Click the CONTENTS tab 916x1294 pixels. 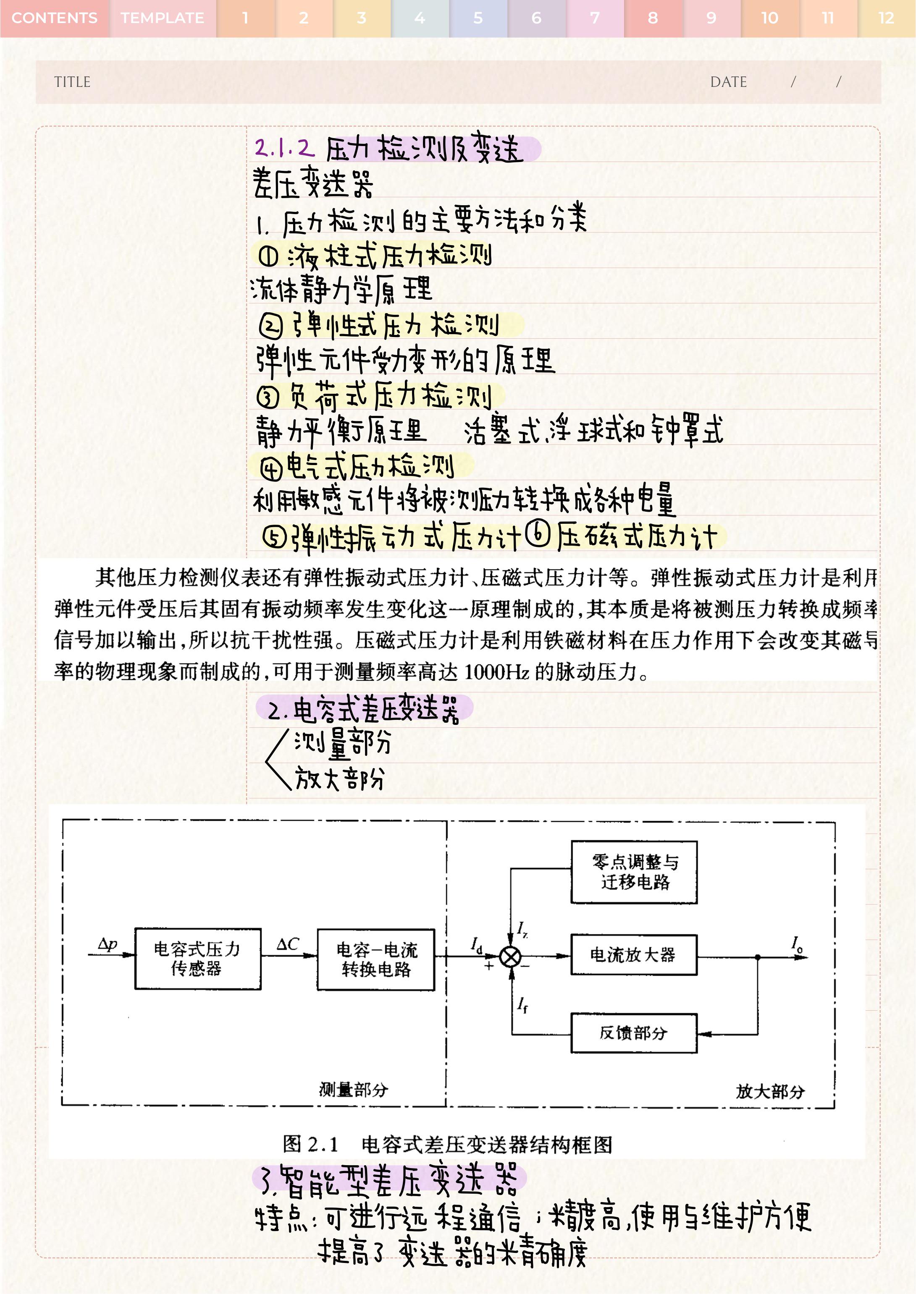54,18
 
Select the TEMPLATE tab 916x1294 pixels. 163,18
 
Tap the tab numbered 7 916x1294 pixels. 595,18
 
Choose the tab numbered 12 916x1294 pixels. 886,18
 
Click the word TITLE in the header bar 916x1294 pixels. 72,82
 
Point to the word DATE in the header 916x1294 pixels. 728,82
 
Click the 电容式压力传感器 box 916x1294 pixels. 197,959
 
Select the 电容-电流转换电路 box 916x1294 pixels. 376,959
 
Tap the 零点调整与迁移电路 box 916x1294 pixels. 634,872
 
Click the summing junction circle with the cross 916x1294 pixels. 510,957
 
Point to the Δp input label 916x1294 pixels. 107,944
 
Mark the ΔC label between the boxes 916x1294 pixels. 288,944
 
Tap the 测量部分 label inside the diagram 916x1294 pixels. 354,1090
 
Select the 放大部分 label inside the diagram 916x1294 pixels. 770,1091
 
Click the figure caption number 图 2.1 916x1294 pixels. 310,1145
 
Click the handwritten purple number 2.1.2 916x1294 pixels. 284,148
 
